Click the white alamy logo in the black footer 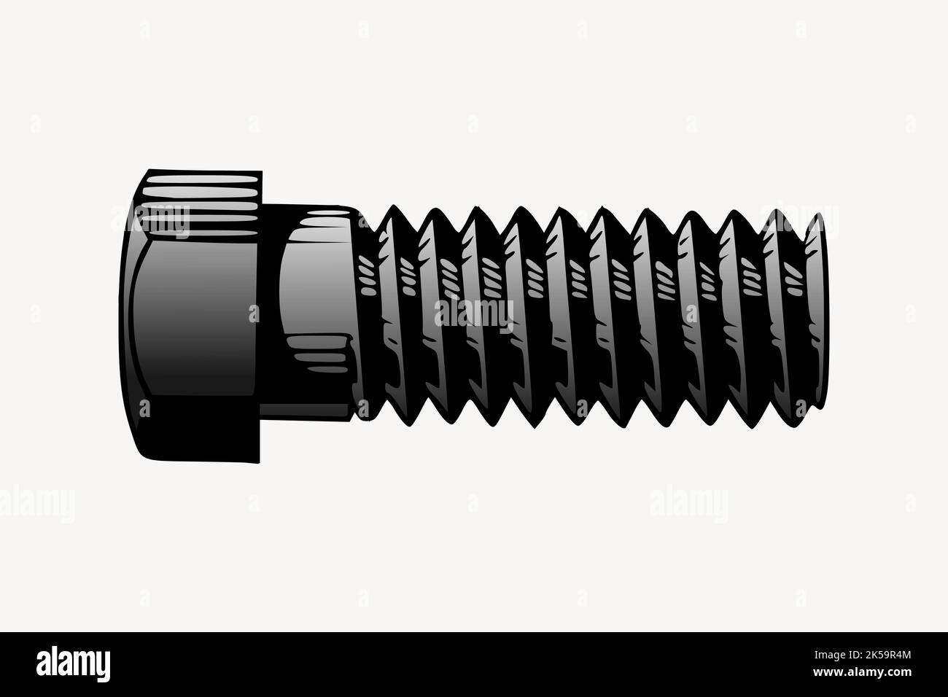pyautogui.click(x=73, y=663)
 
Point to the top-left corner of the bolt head pyautogui.click(x=149, y=172)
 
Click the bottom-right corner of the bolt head pyautogui.click(x=260, y=462)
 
